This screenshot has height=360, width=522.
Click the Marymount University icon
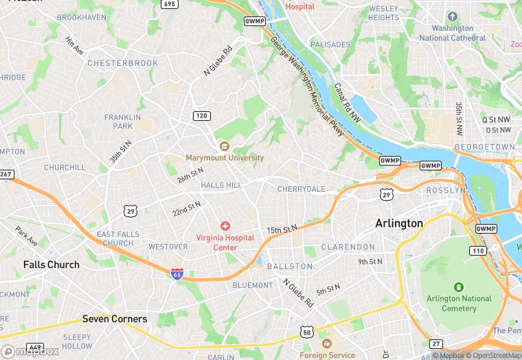click(x=225, y=146)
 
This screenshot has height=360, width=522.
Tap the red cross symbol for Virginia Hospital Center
click(x=225, y=226)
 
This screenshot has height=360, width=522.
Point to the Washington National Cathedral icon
click(x=452, y=16)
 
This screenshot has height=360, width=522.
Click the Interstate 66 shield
click(x=177, y=273)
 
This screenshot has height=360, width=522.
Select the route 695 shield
click(x=169, y=4)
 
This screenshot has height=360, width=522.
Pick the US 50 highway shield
click(x=307, y=333)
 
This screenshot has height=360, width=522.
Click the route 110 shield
click(x=479, y=250)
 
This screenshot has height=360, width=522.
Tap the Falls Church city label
click(x=52, y=265)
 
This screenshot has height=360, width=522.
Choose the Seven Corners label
click(x=115, y=319)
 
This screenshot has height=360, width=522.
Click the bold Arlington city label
click(x=399, y=224)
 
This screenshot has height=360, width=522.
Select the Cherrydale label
click(x=301, y=189)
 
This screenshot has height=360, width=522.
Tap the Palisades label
click(x=330, y=45)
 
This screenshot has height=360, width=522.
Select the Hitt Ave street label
click(x=74, y=46)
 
